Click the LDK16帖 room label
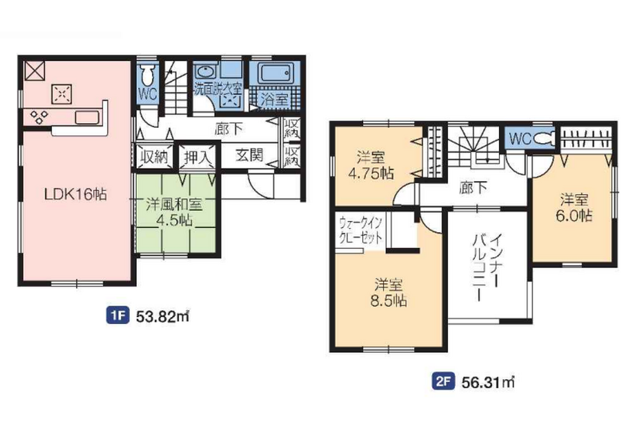[x=75, y=194]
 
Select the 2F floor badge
[x=443, y=381]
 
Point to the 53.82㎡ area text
[x=162, y=316]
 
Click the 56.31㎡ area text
[x=488, y=382]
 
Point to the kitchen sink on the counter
[x=87, y=118]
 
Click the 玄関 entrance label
[x=249, y=155]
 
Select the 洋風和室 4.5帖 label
[x=175, y=212]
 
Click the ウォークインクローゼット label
[x=361, y=230]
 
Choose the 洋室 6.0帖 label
[x=574, y=208]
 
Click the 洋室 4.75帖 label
[x=371, y=165]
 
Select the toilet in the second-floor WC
[x=545, y=138]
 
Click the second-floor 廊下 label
[x=473, y=187]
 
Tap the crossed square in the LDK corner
[x=35, y=71]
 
